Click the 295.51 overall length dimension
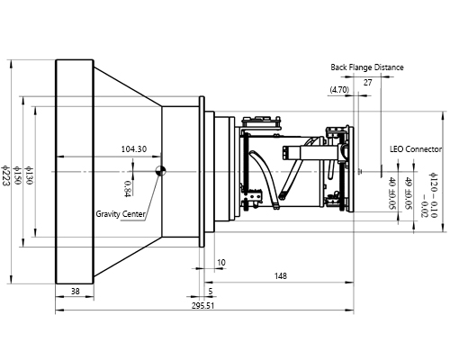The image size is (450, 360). (202, 306)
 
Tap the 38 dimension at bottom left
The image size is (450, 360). (75, 291)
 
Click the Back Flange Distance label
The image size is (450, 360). (366, 67)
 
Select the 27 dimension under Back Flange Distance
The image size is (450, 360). (367, 82)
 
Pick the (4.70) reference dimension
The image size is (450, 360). (339, 90)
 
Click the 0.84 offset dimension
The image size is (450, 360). (128, 187)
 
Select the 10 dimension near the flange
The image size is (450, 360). (221, 262)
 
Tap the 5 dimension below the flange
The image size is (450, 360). (210, 292)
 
